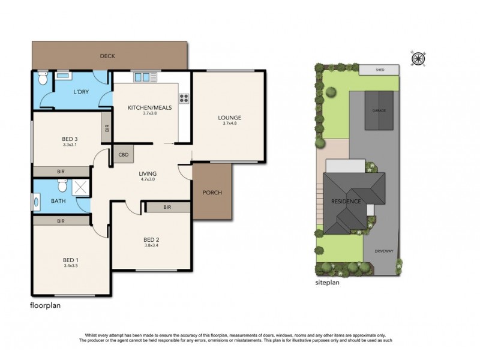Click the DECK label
[x=108, y=56]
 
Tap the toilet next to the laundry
[x=43, y=79]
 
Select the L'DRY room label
[x=81, y=92]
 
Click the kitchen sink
[x=143, y=76]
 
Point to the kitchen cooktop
[x=184, y=98]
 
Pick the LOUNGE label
[x=229, y=118]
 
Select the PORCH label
[x=212, y=193]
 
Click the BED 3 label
[x=71, y=139]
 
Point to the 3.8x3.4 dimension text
[x=152, y=245]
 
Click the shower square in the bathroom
[x=80, y=188]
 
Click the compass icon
[x=418, y=58]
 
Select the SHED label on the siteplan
[x=379, y=70]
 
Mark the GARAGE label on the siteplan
[x=379, y=111]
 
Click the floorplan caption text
[x=46, y=305]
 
